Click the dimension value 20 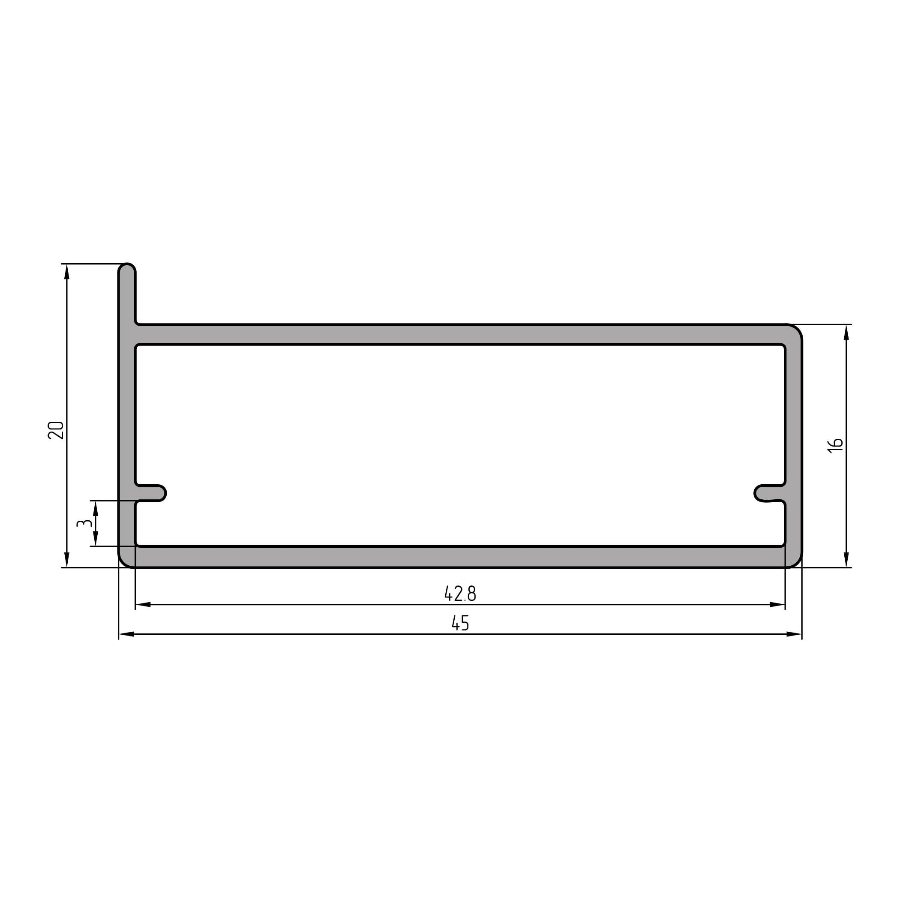pos(56,430)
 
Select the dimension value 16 pos(835,445)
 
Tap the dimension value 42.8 pos(460,594)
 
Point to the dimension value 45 pos(460,623)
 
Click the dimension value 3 pos(84,523)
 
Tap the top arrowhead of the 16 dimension pos(846,332)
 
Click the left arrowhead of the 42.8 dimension pos(143,605)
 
